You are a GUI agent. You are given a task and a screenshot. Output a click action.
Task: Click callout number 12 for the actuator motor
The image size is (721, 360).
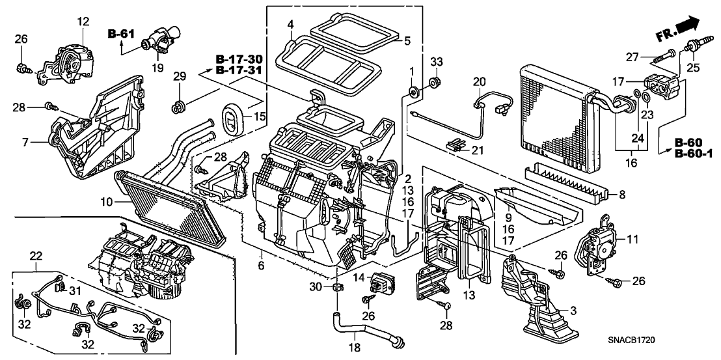[x=83, y=23]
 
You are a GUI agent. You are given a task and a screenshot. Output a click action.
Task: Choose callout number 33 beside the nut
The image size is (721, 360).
[x=437, y=62]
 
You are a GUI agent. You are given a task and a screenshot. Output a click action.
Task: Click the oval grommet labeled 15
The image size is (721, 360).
[x=232, y=120]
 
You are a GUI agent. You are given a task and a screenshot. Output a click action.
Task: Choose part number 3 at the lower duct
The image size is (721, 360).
[x=572, y=312]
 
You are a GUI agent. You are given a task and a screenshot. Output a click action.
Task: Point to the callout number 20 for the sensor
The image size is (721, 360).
[x=480, y=82]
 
